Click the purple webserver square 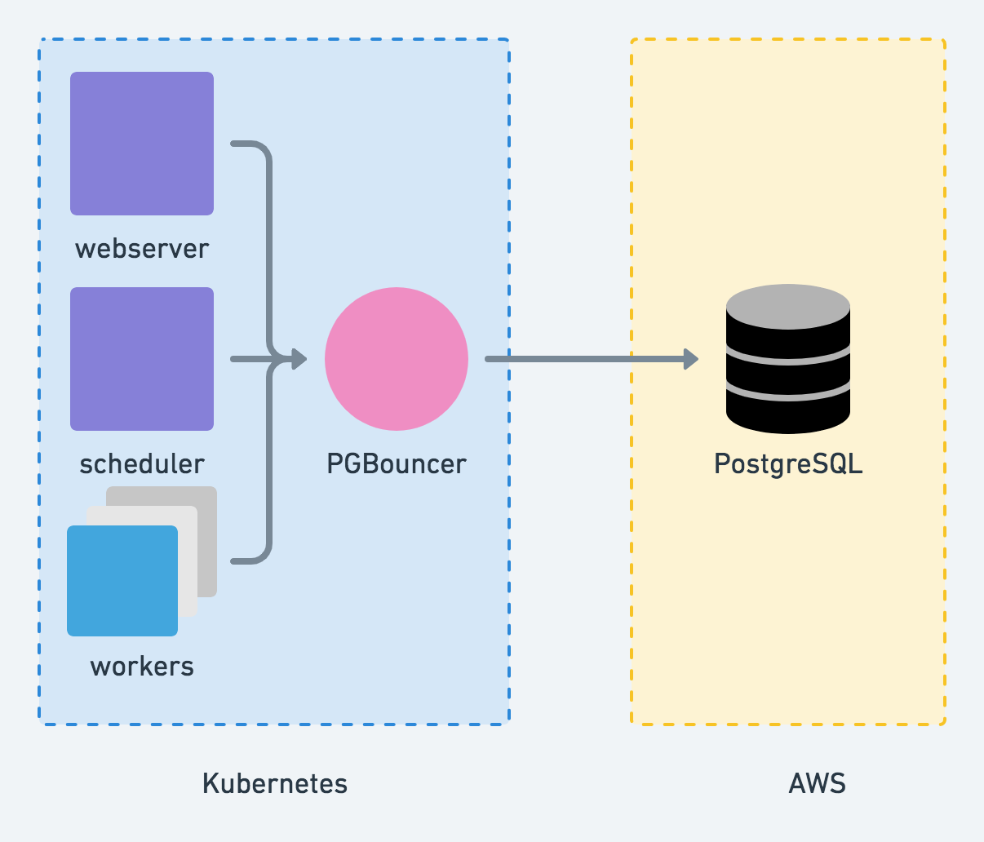pyautogui.click(x=142, y=144)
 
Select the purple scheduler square pyautogui.click(x=142, y=359)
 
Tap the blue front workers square pyautogui.click(x=122, y=581)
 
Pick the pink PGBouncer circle pyautogui.click(x=397, y=359)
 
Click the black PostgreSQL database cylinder pyautogui.click(x=788, y=359)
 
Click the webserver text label pyautogui.click(x=142, y=248)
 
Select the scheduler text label pyautogui.click(x=142, y=463)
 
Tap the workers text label pyautogui.click(x=142, y=666)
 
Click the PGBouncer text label pyautogui.click(x=397, y=463)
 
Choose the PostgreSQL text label pyautogui.click(x=788, y=463)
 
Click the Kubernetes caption pyautogui.click(x=275, y=783)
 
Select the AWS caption pyautogui.click(x=817, y=783)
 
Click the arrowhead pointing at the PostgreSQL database pyautogui.click(x=691, y=359)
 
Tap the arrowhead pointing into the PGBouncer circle pyautogui.click(x=299, y=359)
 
